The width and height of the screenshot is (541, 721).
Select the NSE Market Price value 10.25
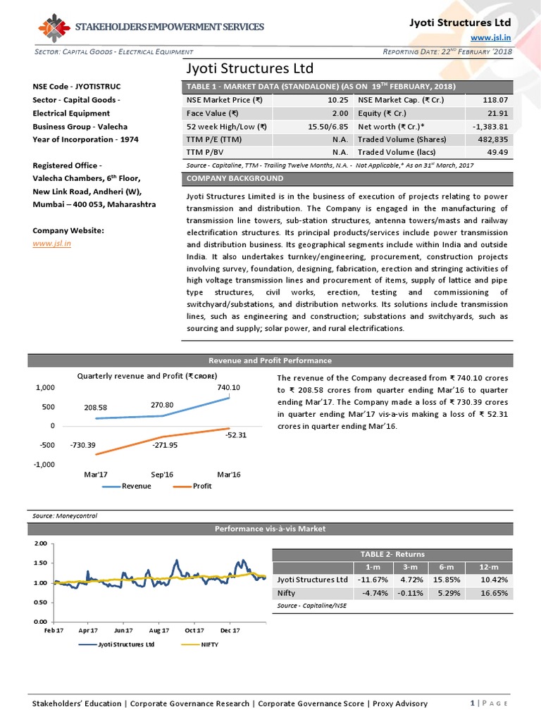click(x=339, y=100)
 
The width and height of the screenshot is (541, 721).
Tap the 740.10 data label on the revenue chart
click(x=230, y=387)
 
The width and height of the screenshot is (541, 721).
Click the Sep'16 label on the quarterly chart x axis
click(x=163, y=475)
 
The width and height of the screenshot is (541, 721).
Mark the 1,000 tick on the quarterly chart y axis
click(x=44, y=387)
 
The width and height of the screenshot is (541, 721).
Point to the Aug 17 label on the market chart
click(x=159, y=630)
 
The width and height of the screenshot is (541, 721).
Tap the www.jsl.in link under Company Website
click(x=48, y=243)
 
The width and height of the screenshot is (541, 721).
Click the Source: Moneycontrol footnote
click(x=66, y=515)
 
